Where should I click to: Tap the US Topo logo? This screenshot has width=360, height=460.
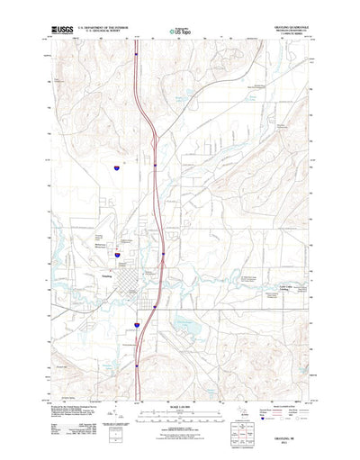tap(181, 32)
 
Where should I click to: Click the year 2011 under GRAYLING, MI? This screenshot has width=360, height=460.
tap(290, 441)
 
